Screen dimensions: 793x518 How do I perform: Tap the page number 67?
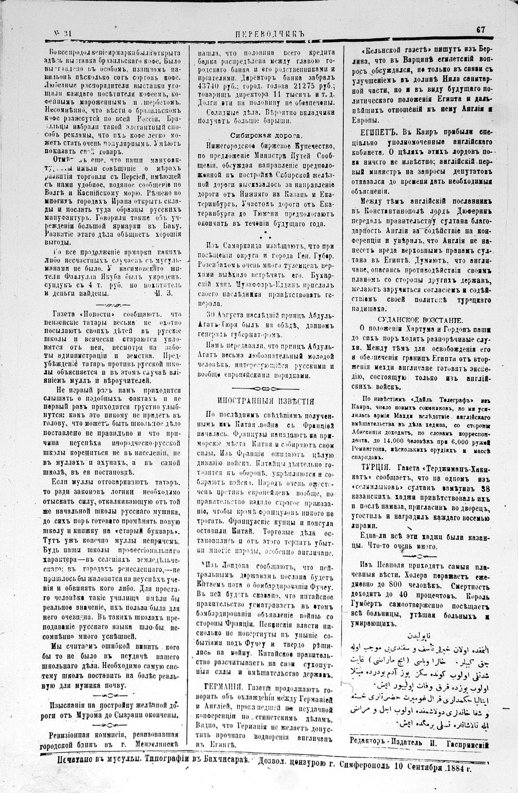click(x=481, y=30)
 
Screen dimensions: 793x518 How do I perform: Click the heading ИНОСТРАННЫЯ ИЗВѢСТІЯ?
click(x=266, y=401)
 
